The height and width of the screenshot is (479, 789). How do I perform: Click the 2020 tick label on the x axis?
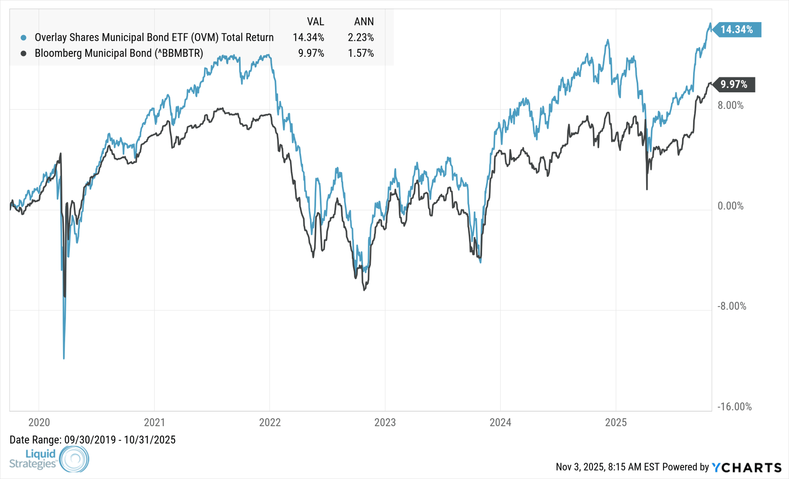tap(39, 422)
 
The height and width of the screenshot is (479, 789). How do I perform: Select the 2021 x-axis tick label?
tap(154, 422)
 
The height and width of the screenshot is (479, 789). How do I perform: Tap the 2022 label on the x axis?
tap(270, 422)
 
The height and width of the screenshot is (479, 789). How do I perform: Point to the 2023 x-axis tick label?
tap(385, 422)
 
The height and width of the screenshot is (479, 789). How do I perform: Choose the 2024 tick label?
tap(500, 422)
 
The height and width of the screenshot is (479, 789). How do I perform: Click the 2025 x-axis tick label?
tap(616, 422)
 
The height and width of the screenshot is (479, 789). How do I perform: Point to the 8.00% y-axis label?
tap(730, 106)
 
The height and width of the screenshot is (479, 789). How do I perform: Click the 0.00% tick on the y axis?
tap(730, 206)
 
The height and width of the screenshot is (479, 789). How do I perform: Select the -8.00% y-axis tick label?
tap(732, 306)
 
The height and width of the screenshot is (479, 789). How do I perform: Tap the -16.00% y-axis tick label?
tap(734, 407)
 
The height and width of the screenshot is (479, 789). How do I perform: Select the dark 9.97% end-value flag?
tap(734, 84)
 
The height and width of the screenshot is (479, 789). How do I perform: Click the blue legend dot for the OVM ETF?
tap(24, 38)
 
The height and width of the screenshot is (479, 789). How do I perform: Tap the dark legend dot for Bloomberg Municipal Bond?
tap(24, 54)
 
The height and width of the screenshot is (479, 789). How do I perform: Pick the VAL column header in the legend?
tap(315, 22)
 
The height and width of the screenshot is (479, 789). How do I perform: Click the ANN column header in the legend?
tap(364, 22)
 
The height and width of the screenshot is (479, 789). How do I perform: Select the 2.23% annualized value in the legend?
tap(361, 38)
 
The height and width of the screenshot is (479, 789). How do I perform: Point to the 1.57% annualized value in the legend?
tap(361, 54)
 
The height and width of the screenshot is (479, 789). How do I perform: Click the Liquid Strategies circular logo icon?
tap(74, 459)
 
